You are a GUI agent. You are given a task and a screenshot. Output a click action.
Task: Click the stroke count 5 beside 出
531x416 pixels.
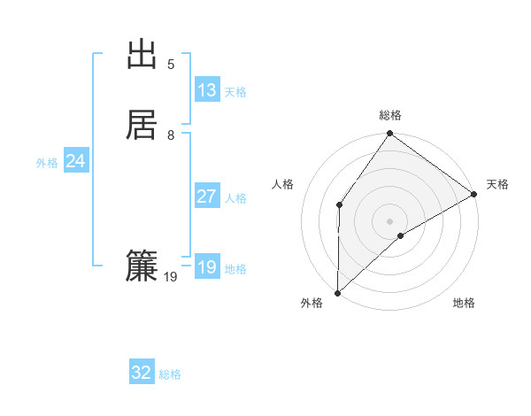[171, 65]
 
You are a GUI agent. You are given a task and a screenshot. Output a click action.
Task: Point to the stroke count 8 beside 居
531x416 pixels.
[171, 135]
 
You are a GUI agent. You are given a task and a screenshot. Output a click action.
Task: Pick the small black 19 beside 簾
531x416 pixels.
[171, 277]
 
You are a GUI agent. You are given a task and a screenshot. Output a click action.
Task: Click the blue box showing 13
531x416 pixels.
[207, 90]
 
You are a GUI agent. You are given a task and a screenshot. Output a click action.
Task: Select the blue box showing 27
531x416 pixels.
[207, 196]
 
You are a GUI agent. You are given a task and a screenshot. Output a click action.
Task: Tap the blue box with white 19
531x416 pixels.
[207, 267]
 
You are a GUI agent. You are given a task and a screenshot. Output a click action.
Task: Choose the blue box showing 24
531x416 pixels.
[76, 161]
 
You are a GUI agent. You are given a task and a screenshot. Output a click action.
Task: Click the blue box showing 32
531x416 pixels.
[142, 373]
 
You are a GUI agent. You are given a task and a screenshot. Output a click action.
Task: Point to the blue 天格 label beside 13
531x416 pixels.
[235, 92]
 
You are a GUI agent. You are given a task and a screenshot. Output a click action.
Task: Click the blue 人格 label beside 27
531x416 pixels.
[235, 198]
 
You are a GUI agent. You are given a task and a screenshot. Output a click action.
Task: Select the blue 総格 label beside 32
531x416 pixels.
[170, 374]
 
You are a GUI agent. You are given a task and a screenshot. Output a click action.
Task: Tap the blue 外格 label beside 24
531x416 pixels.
[47, 163]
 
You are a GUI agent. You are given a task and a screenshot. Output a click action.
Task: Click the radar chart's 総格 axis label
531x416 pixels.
[390, 115]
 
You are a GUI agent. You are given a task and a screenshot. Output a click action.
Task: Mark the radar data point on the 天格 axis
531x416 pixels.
[473, 194]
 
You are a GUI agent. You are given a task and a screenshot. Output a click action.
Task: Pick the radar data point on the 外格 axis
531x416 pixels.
[337, 292]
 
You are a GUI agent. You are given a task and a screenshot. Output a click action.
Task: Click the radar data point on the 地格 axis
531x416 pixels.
[401, 235]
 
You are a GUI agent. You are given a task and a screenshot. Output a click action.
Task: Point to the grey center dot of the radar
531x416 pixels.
[389, 220]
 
